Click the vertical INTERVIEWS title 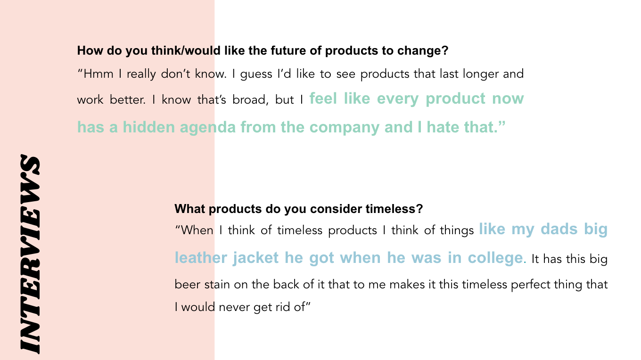(29, 254)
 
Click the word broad (248, 100)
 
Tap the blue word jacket (255, 258)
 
